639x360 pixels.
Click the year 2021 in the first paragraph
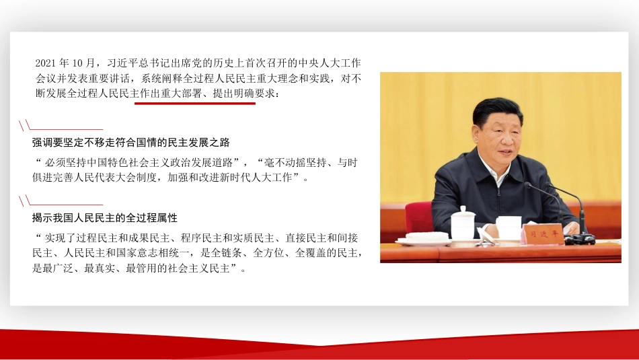(46, 63)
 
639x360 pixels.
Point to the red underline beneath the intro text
(195, 103)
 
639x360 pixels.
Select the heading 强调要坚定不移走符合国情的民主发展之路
(131, 143)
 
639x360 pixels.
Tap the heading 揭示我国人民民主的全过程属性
(105, 219)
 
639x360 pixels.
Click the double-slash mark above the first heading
(25, 125)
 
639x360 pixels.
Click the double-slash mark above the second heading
(25, 201)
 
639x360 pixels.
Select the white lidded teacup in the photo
(463, 223)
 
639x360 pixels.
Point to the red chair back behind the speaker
(418, 217)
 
